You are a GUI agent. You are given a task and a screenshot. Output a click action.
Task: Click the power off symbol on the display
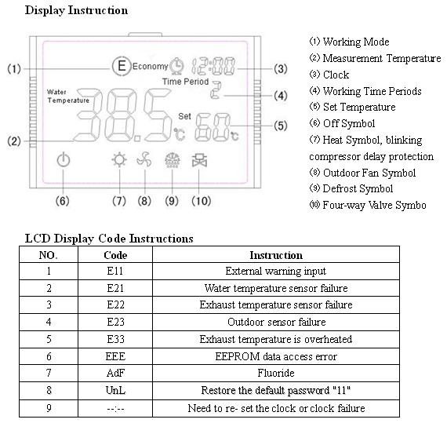pos(64,160)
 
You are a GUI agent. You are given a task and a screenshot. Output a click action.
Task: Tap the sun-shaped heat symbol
pos(119,160)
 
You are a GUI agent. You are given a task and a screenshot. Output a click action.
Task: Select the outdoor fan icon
pos(144,160)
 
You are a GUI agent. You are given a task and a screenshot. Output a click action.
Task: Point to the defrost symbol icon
pos(173,160)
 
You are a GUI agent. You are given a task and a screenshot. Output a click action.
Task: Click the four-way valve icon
pos(199,160)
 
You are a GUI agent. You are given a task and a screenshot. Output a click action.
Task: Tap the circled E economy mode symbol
pos(122,66)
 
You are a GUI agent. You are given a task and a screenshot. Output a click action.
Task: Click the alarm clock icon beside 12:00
pos(176,66)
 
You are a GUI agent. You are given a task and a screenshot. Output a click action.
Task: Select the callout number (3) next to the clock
pos(281,69)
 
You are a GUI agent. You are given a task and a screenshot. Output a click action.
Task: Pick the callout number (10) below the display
pos(202,201)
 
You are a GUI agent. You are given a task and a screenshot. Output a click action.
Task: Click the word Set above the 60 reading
pos(184,116)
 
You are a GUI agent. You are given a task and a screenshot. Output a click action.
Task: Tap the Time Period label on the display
pos(186,82)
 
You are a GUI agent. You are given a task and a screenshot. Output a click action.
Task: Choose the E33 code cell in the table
pos(115,339)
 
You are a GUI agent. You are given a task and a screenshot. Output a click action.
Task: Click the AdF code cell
pos(115,373)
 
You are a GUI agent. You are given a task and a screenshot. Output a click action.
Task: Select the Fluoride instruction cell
pos(276,373)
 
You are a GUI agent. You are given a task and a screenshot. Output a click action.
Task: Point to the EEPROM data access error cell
pos(276,356)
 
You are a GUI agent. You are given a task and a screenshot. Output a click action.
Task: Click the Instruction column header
pos(276,255)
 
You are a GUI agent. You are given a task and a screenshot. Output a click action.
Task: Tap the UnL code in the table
pos(115,390)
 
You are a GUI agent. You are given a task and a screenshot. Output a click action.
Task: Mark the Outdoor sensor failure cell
pos(276,322)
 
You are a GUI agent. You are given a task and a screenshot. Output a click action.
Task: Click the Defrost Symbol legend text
pos(358,189)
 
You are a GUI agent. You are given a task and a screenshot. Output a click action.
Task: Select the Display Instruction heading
pos(76,10)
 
